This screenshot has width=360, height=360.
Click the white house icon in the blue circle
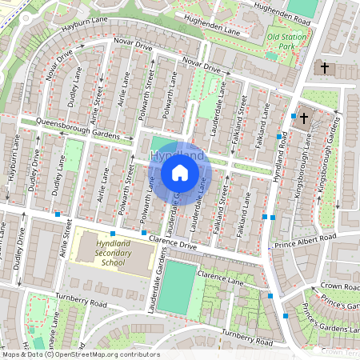pyautogui.click(x=180, y=172)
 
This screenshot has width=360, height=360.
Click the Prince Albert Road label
pyautogui.click(x=306, y=238)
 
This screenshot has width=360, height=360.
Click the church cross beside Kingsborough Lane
pyautogui.click(x=304, y=118)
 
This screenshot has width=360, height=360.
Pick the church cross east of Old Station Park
pyautogui.click(x=325, y=67)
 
